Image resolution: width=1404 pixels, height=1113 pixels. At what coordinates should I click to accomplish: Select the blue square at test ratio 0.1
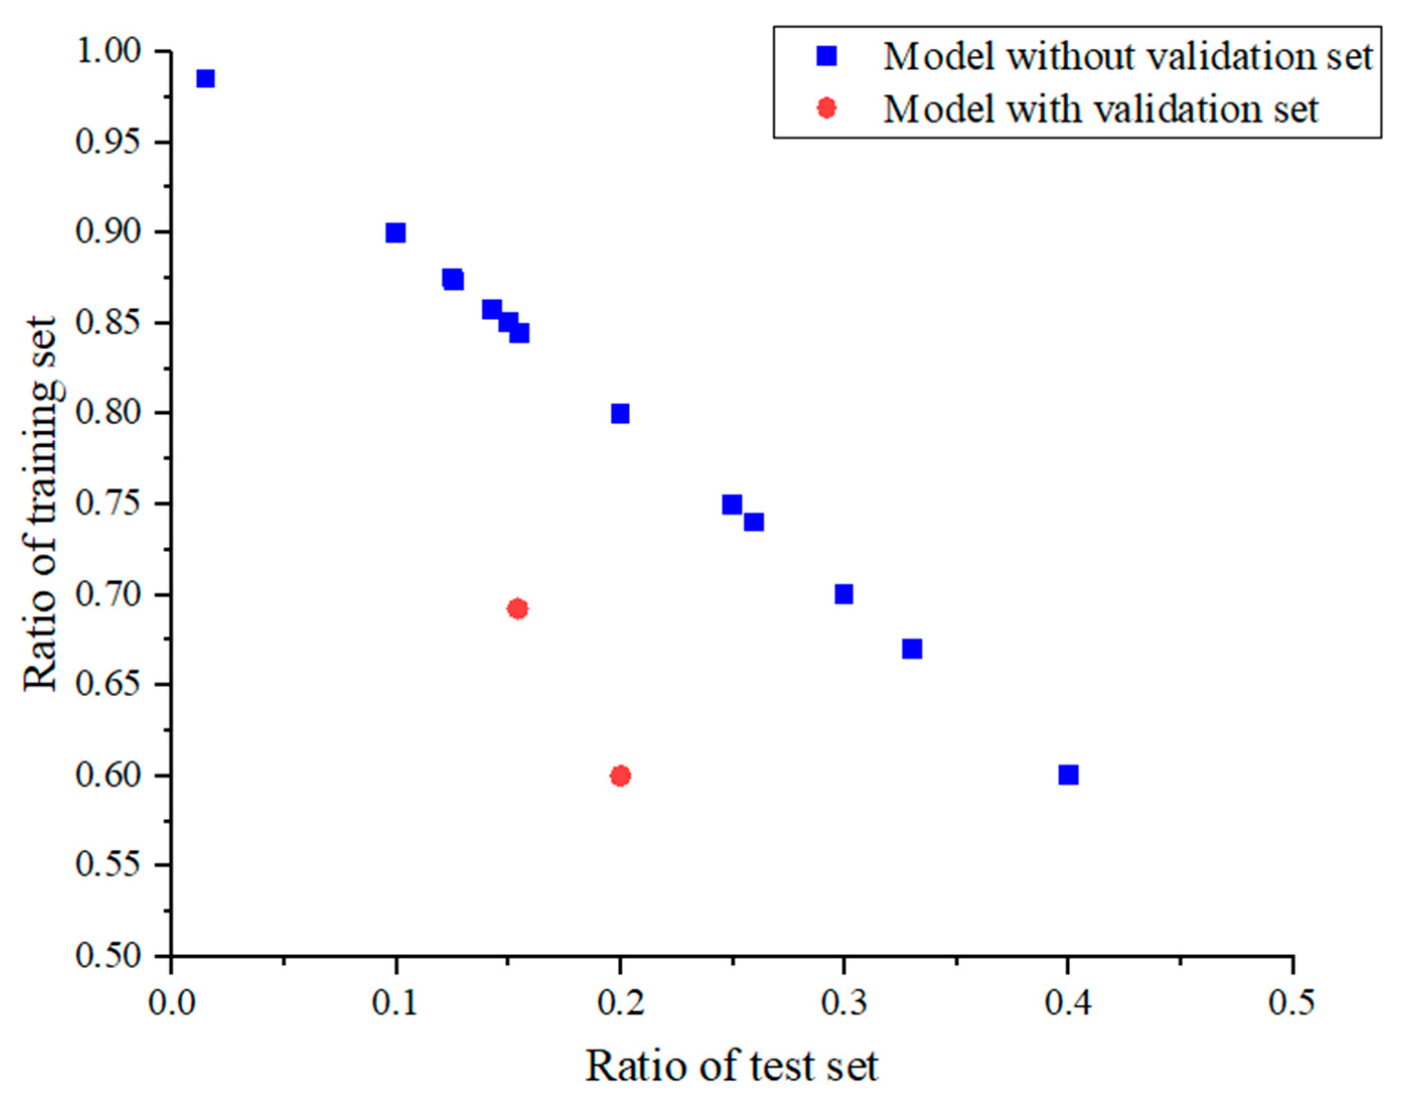click(395, 233)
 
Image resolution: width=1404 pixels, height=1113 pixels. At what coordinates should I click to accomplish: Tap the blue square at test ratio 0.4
click(1069, 774)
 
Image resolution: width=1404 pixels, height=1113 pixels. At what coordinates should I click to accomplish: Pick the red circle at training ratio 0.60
click(621, 776)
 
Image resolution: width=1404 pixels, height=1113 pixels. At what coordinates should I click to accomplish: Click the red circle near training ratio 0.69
click(517, 609)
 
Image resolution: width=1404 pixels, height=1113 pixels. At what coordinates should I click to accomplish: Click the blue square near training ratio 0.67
click(912, 649)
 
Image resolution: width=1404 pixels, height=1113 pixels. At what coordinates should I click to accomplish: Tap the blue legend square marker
click(827, 57)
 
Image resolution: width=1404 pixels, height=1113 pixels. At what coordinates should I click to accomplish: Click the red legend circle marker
click(827, 108)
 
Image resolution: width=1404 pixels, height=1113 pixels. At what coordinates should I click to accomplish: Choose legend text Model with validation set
click(1100, 109)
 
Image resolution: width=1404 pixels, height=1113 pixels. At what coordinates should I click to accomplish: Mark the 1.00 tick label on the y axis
click(109, 51)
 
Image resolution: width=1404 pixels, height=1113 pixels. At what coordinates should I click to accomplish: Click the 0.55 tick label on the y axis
click(109, 865)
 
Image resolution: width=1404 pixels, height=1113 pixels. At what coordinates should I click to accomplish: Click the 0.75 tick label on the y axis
click(109, 504)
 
